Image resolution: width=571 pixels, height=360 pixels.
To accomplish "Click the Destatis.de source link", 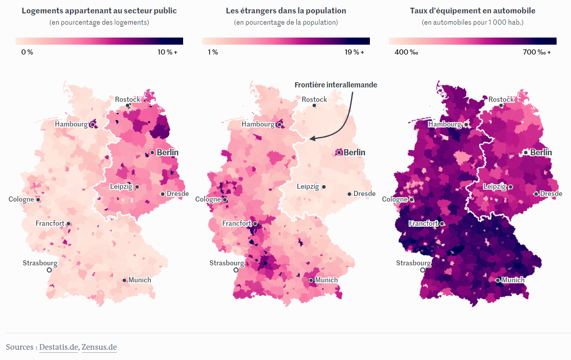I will coord(59,347).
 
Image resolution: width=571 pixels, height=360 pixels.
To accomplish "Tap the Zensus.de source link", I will coord(99,347).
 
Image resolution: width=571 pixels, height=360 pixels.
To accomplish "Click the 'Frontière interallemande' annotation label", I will coord(335,85).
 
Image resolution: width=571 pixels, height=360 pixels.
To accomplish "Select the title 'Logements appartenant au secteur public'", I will coord(99,10).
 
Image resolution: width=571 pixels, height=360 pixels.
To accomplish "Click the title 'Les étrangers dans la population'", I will coord(286,10).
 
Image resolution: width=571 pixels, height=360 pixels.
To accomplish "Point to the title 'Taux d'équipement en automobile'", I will coord(473,10).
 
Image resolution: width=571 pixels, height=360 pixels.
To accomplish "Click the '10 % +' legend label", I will coord(167,52).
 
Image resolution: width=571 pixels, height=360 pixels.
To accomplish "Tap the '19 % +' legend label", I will coord(354,52).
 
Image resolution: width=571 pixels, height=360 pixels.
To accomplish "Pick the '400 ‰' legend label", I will coord(406,52).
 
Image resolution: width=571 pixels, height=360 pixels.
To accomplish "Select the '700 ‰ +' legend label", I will coord(536,52).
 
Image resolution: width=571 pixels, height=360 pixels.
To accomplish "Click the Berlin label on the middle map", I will coord(354,152).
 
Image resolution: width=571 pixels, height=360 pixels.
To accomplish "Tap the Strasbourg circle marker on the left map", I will coord(49,269).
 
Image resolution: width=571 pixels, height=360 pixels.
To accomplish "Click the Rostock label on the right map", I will coord(501,99).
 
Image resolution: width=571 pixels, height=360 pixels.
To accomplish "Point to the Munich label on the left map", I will coord(140,280).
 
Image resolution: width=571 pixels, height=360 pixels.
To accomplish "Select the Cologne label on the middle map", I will coord(208,199).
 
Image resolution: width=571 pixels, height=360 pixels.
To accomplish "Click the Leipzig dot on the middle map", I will coord(324,187).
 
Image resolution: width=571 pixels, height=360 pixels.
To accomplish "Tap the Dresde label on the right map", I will coord(551,193).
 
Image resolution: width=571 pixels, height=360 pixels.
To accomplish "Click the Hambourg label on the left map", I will coord(71,124).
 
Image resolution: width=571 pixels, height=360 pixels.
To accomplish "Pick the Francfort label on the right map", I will coord(423,223).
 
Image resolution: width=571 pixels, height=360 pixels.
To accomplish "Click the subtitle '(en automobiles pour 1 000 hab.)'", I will coord(473,22).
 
